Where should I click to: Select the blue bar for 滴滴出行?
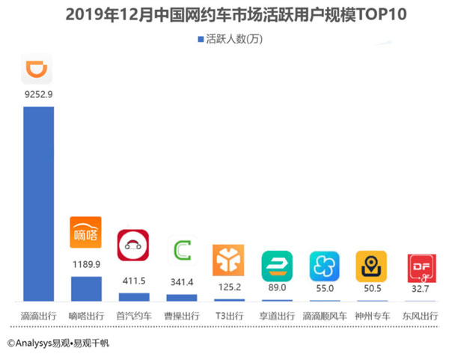[38, 203]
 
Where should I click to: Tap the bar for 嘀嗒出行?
[85, 288]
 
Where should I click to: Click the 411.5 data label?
[133, 280]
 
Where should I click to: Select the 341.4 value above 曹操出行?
[181, 281]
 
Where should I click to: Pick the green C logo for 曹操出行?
[181, 250]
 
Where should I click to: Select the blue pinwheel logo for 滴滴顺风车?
[324, 266]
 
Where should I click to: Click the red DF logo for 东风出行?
[419, 268]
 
